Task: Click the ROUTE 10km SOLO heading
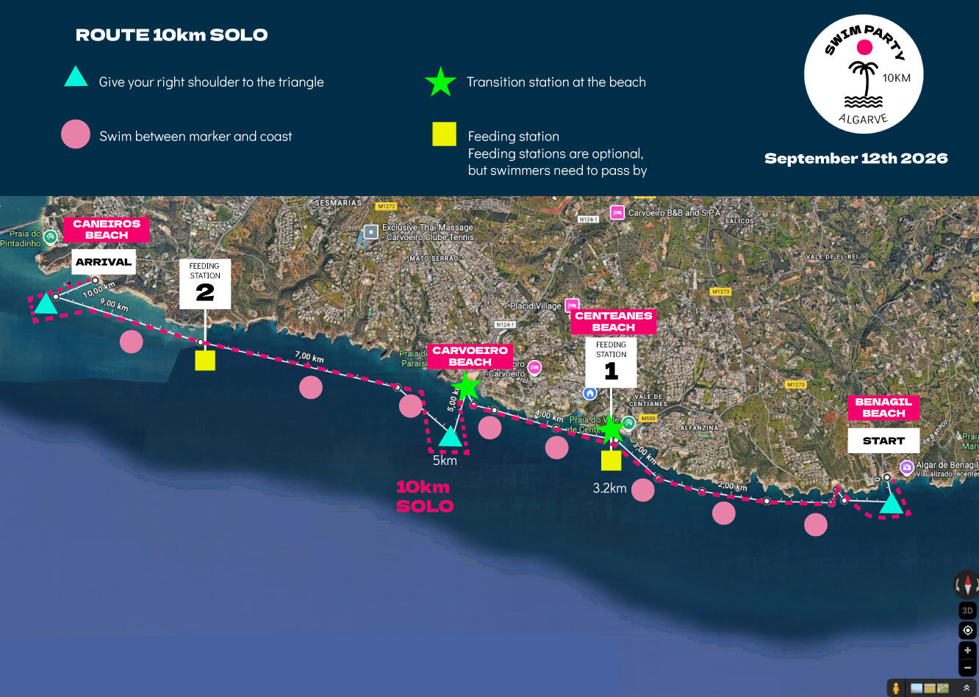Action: coord(171,35)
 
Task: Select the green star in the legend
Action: coord(440,82)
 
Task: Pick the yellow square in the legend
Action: coord(444,134)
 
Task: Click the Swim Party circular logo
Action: coord(864,75)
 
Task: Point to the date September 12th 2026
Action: coord(856,159)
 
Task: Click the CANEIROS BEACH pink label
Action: coord(107,229)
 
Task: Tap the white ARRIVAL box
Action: coord(104,262)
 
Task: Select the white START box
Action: coord(883,441)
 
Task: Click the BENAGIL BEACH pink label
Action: coord(883,408)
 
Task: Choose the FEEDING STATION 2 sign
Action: coord(205,284)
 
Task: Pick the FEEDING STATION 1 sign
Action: coord(611,362)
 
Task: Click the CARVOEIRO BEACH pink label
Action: coord(470,356)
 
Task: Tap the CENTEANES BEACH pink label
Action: coord(614,322)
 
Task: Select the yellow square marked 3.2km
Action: coord(611,461)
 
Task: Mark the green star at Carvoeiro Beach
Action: coord(466,386)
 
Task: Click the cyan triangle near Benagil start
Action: coord(892,505)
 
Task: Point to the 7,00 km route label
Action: coord(309,357)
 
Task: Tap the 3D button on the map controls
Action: coord(967,610)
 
